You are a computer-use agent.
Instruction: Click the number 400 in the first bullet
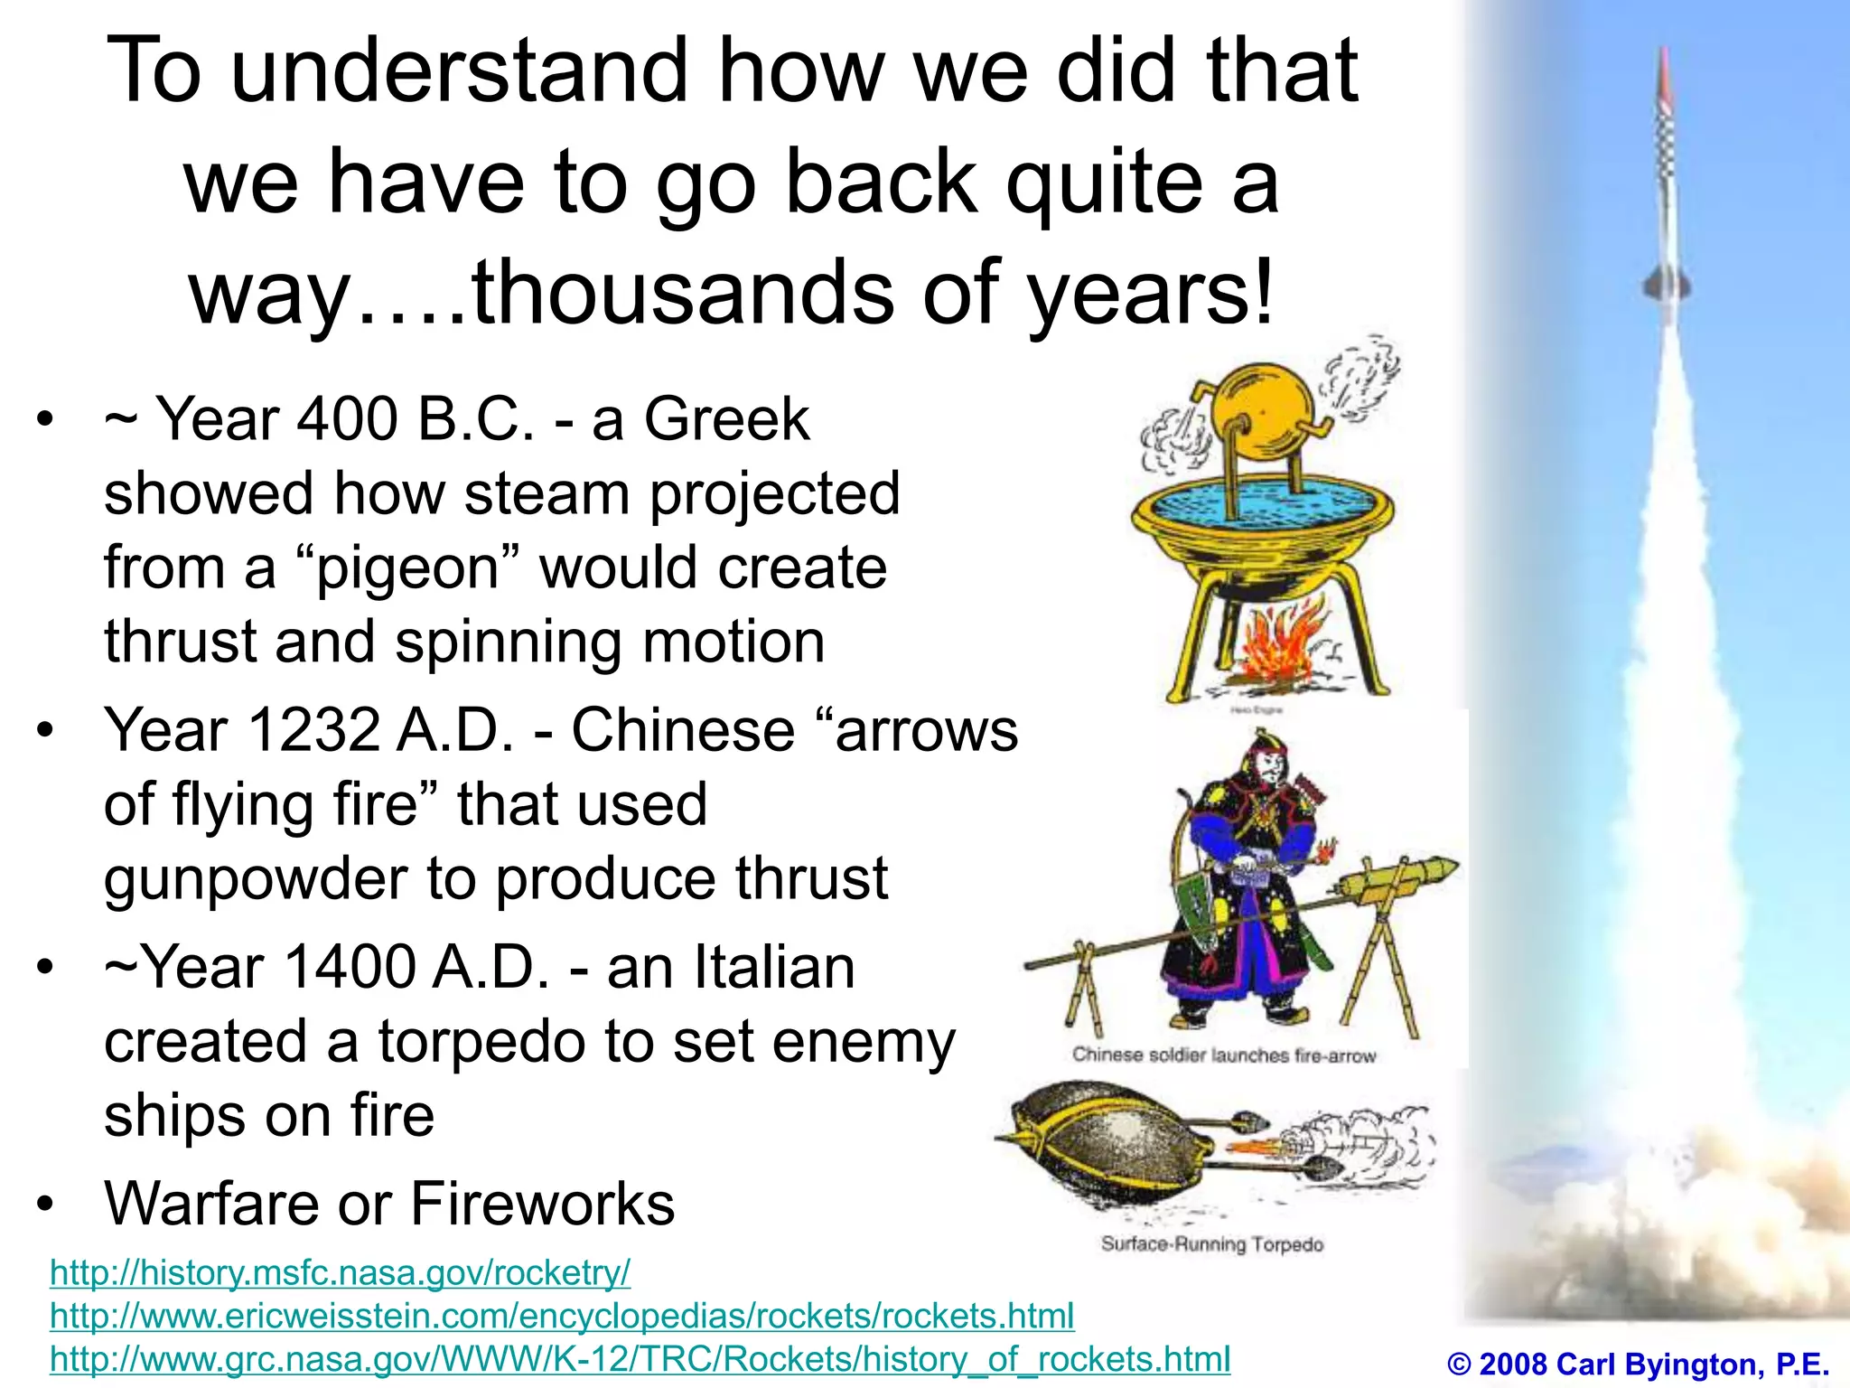347,419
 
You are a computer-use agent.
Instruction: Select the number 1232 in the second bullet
313,730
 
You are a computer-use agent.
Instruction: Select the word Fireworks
542,1204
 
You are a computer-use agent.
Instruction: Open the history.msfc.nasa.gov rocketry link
340,1273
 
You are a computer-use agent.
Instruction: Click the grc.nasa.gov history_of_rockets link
640,1359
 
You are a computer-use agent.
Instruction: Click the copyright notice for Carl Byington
1638,1364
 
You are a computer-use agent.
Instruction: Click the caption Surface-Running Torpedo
1211,1244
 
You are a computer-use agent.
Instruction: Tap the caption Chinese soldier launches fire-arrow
1223,1055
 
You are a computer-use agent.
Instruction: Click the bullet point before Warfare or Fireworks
46,1204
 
